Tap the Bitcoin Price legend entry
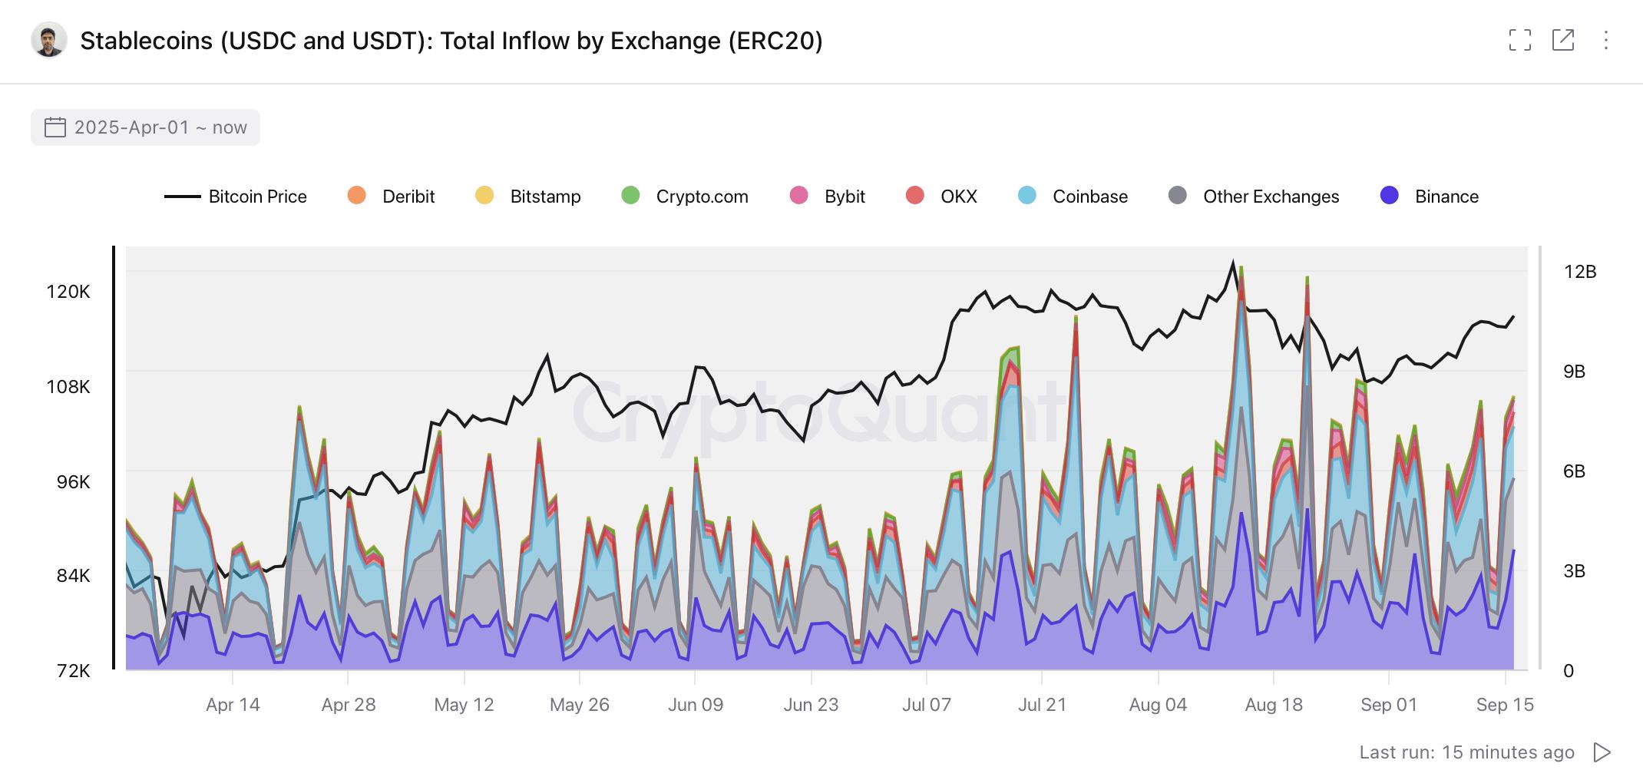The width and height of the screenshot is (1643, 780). (236, 197)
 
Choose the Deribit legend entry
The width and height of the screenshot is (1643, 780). (392, 197)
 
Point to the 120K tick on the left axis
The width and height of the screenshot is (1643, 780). (68, 292)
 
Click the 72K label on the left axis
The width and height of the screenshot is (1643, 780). (73, 671)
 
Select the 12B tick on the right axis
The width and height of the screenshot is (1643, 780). (1579, 272)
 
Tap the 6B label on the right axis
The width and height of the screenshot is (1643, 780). (1574, 471)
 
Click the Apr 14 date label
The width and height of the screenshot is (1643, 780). (233, 705)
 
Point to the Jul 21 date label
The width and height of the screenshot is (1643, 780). (1042, 705)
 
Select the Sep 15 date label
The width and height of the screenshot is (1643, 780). (1504, 705)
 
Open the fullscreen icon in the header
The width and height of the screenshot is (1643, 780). (1519, 40)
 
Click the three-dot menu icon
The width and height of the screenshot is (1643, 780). (1605, 40)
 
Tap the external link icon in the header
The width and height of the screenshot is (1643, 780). (1562, 40)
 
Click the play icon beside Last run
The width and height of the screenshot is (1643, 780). (1602, 752)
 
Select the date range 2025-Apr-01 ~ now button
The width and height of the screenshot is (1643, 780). (146, 127)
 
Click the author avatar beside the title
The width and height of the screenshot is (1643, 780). (49, 40)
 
